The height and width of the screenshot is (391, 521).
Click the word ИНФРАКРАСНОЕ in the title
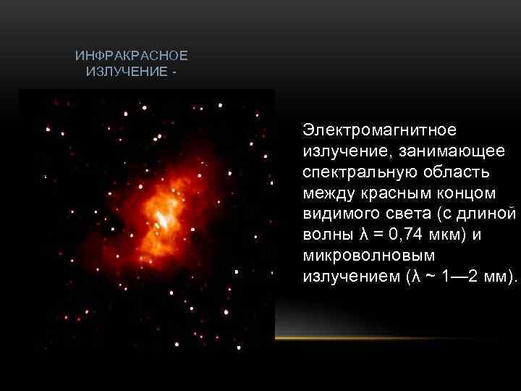[131, 56]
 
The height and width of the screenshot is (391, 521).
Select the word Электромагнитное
[380, 130]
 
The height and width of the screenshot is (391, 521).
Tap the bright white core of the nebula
[162, 219]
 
